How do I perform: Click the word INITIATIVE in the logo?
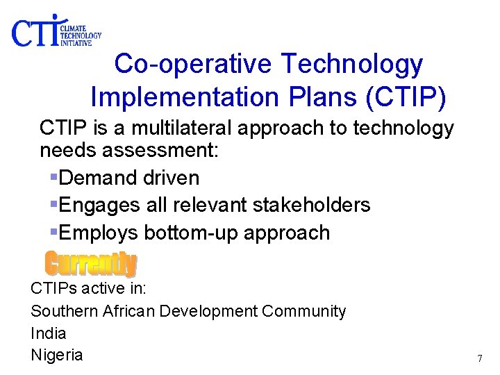pos(76,42)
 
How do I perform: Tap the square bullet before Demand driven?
pos(54,178)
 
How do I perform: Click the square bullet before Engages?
pos(54,205)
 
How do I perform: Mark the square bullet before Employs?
pos(54,233)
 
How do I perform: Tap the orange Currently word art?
pos(90,264)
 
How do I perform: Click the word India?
pos(48,333)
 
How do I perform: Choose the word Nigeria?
pos(56,355)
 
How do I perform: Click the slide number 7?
pos(479,359)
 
